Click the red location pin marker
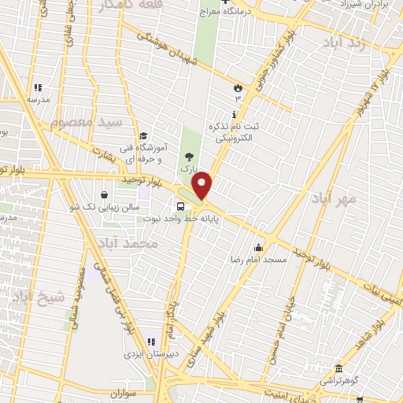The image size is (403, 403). pyautogui.click(x=202, y=186)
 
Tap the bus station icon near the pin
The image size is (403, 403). pyautogui.click(x=181, y=207)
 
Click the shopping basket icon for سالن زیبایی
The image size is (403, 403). pyautogui.click(x=105, y=194)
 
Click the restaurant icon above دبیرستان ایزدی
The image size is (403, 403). pyautogui.click(x=150, y=342)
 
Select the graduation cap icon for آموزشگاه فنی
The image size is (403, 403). pyautogui.click(x=142, y=135)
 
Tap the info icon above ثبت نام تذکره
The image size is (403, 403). pyautogui.click(x=235, y=115)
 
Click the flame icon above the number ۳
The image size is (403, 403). pyautogui.click(x=237, y=87)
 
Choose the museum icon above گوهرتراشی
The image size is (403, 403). pyautogui.click(x=339, y=369)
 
